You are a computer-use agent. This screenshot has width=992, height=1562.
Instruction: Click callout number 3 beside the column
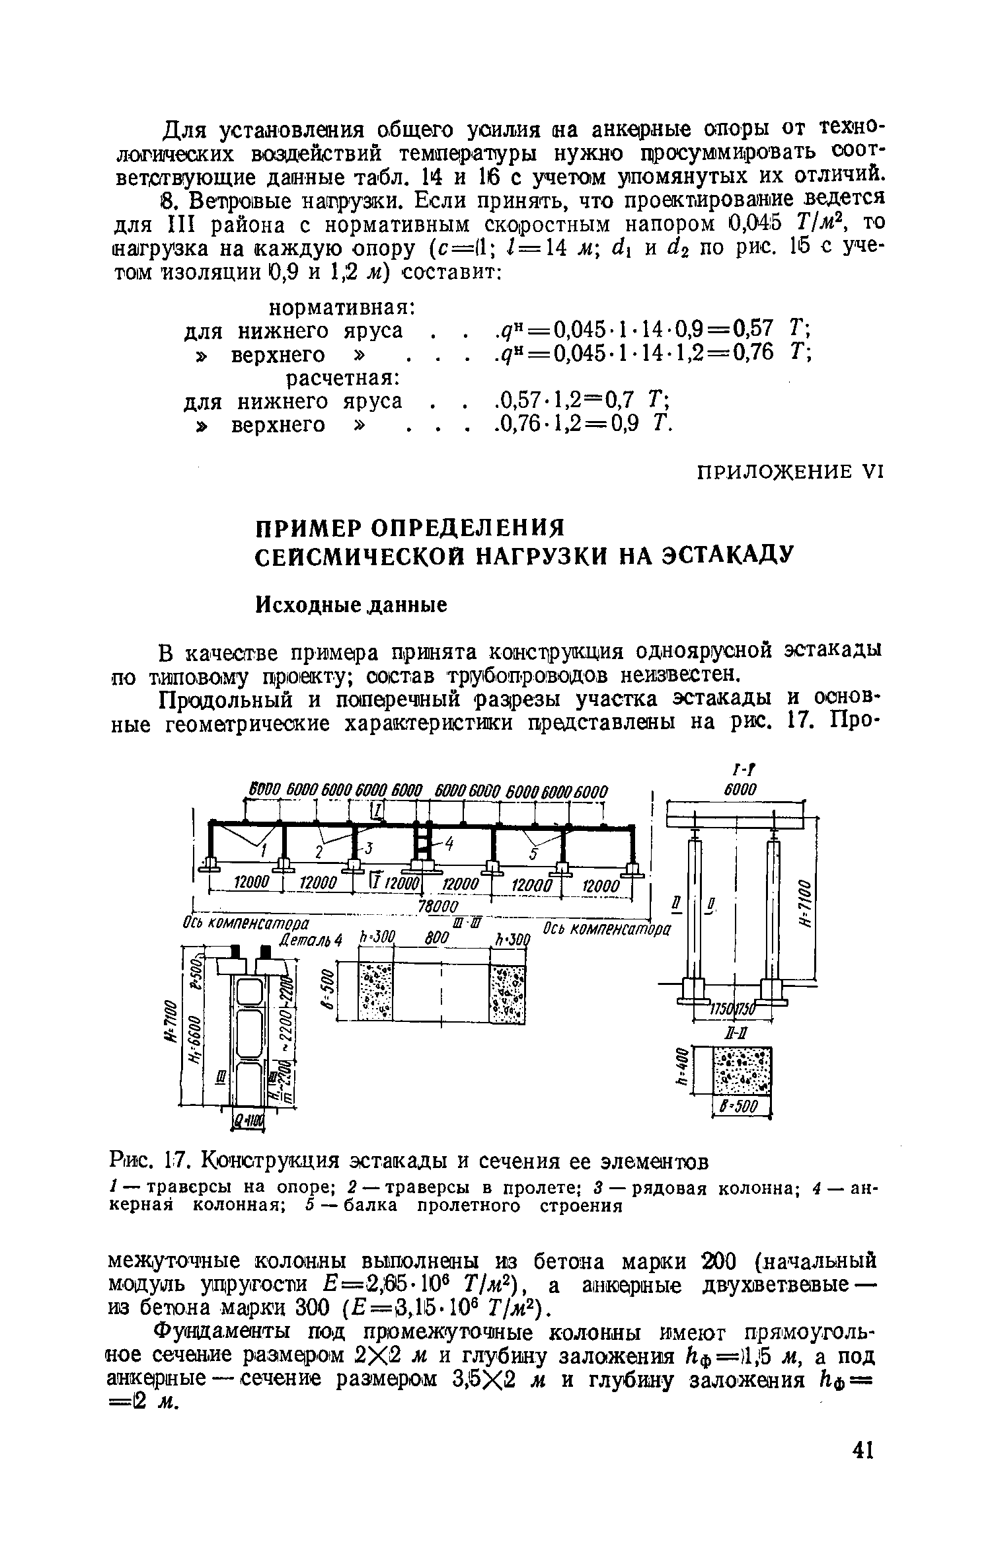pyautogui.click(x=370, y=847)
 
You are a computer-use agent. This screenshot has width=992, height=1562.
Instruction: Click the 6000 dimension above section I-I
pyautogui.click(x=740, y=790)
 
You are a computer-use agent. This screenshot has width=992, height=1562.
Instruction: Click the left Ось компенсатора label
pyautogui.click(x=248, y=922)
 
